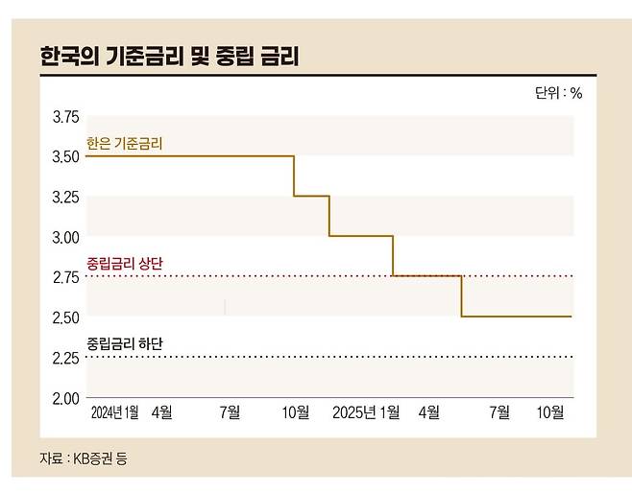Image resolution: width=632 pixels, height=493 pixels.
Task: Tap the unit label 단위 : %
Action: coord(558,93)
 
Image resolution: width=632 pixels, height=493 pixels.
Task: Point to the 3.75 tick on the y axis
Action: coord(64,116)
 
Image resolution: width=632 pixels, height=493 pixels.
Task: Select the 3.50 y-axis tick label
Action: coord(64,156)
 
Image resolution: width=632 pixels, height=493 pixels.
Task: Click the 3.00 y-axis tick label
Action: coord(64,237)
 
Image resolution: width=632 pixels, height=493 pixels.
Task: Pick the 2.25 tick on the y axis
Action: coord(64,358)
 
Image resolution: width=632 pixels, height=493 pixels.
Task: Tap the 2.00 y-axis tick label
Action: coord(64,398)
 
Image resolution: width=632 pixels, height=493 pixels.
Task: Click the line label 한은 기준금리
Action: coord(124,143)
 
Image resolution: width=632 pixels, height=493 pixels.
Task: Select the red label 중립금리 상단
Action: coord(124,263)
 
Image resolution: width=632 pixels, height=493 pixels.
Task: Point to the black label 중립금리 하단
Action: coord(124,343)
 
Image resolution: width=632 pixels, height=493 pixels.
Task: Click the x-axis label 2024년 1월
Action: coord(115,412)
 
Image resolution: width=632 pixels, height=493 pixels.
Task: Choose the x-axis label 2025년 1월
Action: coord(366,412)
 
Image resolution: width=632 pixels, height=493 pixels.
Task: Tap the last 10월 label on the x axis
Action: coord(550,412)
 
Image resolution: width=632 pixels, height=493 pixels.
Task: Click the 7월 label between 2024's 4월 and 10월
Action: coord(230,412)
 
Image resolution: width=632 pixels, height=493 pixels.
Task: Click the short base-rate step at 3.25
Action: coord(311,196)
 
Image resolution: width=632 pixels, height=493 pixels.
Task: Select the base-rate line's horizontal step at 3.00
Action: coord(361,236)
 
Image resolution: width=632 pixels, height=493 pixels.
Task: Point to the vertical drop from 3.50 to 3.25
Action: coord(294,176)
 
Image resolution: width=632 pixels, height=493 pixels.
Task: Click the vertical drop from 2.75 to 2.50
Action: coord(461,296)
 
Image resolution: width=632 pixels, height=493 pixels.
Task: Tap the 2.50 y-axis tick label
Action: coord(64,317)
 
